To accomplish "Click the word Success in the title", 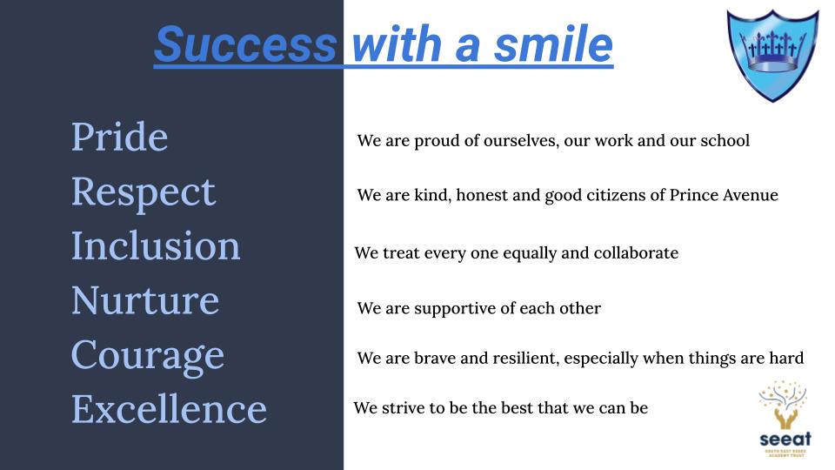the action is point(245,44).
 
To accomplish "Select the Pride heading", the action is point(120,137).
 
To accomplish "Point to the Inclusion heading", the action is point(156,245).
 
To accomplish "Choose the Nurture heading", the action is point(145,300).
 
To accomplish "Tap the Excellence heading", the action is point(170,409).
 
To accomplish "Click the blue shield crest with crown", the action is point(772,55).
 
